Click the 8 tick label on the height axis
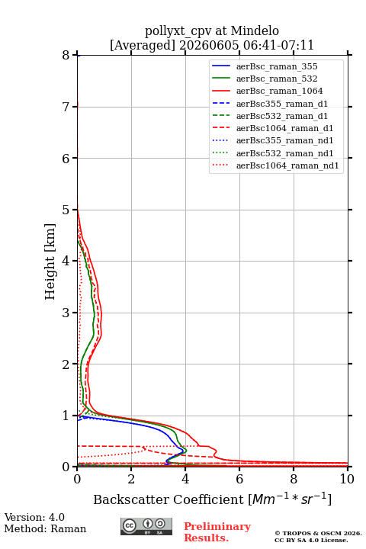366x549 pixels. click(66, 55)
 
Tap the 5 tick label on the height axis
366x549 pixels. click(66, 210)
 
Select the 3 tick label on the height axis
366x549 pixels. click(66, 313)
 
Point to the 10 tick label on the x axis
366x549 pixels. click(347, 479)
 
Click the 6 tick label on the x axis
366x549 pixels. click(239, 479)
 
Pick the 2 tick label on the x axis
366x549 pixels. click(131, 479)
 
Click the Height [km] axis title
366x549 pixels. click(50, 262)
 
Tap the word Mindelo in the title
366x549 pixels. click(255, 31)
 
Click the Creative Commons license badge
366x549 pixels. click(146, 526)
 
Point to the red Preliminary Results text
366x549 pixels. click(217, 532)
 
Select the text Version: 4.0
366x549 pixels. click(34, 517)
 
